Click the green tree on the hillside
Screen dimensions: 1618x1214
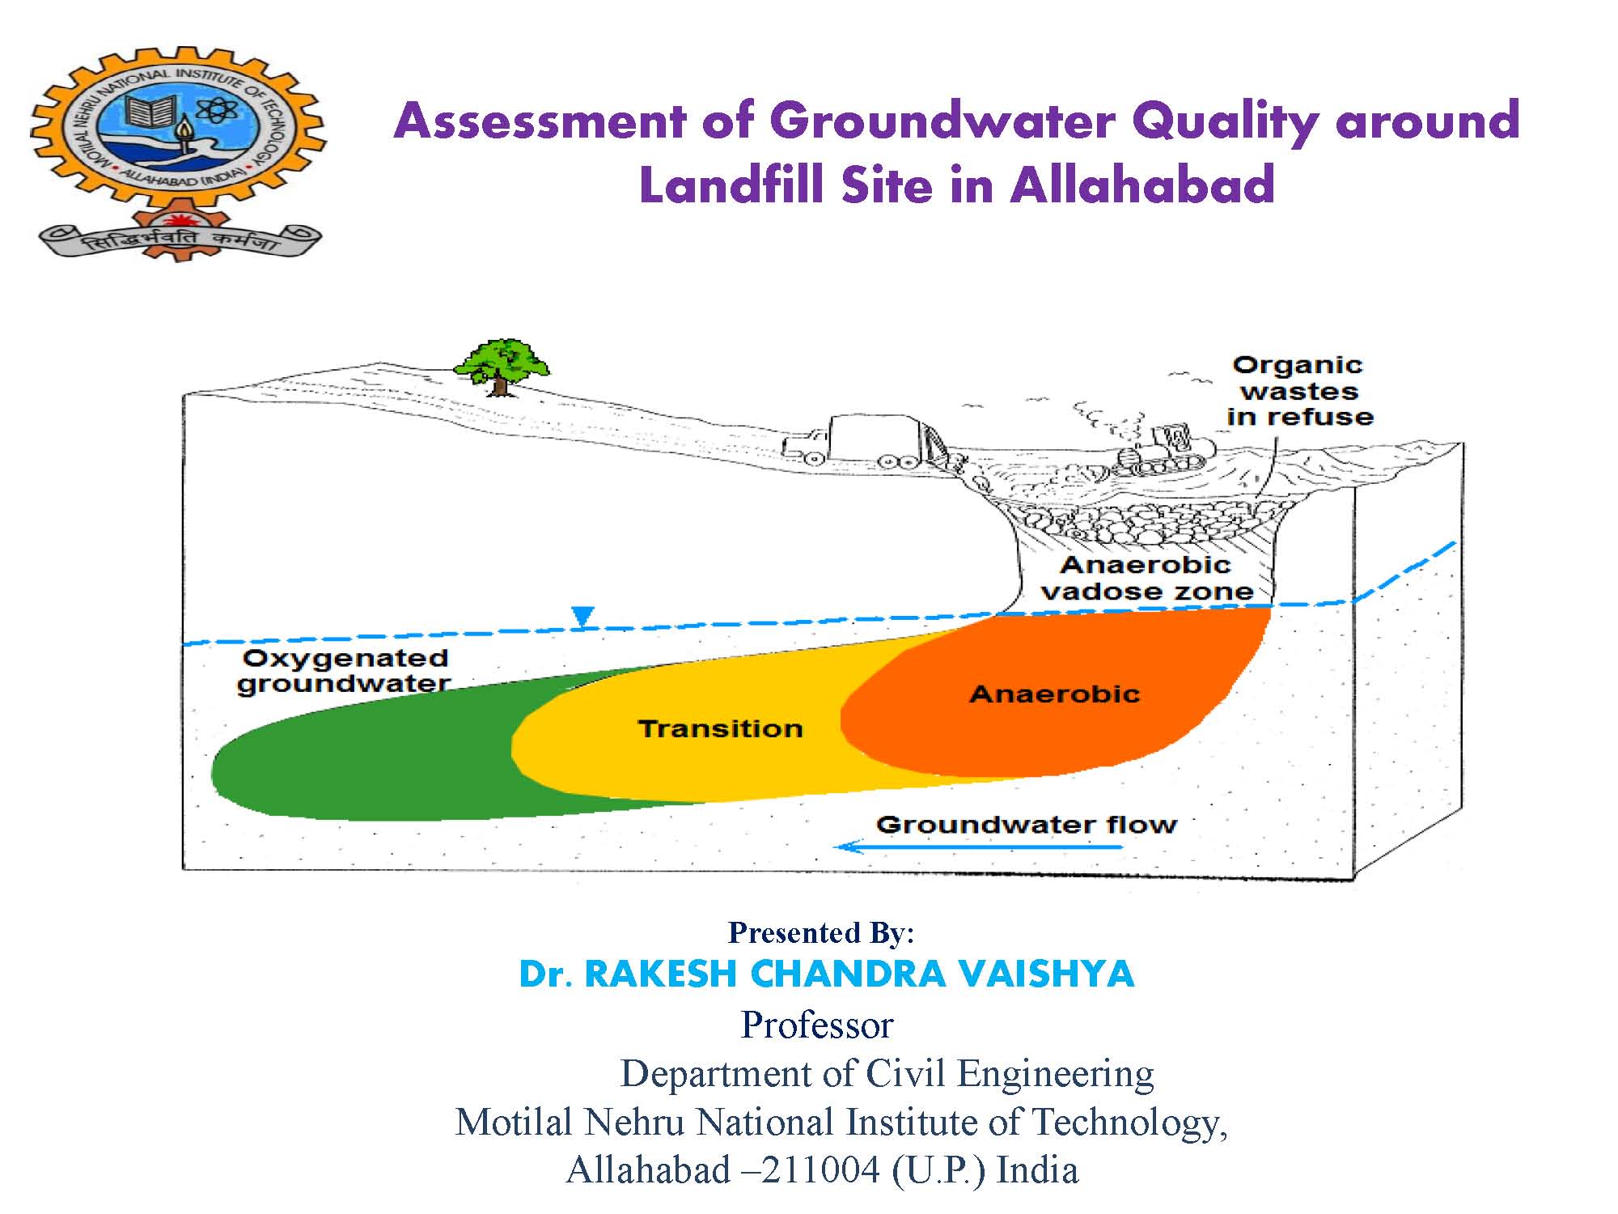point(502,367)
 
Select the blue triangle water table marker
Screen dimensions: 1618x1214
point(582,617)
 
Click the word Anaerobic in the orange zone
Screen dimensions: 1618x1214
point(1054,694)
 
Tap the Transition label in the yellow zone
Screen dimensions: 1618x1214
point(720,728)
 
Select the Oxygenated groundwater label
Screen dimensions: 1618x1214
point(345,671)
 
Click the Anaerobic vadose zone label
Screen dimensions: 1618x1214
point(1147,578)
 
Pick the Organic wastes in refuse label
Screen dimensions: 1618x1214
point(1299,391)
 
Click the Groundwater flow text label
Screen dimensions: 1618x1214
point(1027,825)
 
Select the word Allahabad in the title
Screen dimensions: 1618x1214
point(1142,185)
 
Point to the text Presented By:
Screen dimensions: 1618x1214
point(821,933)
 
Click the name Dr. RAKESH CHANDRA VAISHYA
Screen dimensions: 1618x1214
point(826,974)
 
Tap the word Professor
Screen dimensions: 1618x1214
point(817,1025)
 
